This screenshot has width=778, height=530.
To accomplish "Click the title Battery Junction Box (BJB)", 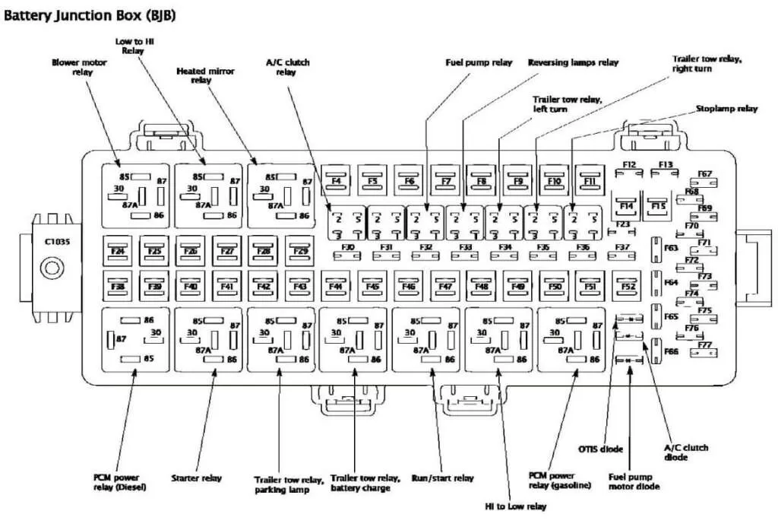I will (90, 15).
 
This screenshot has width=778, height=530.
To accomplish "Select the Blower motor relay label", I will (80, 67).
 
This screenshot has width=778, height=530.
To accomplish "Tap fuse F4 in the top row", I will (336, 181).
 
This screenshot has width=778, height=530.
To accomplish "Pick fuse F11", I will (590, 181).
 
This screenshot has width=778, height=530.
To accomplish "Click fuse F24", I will (118, 249).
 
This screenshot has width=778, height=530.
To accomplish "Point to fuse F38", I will (118, 286).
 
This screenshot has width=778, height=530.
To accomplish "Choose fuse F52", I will (628, 286).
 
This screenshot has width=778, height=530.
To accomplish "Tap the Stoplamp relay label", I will (727, 109).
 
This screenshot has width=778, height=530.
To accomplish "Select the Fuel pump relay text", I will (479, 62).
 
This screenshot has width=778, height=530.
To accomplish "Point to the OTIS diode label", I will (601, 449).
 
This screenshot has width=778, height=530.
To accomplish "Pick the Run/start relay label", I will (443, 478).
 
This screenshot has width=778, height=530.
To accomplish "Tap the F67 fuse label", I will (704, 174).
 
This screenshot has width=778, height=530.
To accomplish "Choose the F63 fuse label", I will (671, 248).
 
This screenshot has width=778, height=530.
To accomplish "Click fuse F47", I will (444, 286).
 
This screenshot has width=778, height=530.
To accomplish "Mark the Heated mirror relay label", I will (205, 75).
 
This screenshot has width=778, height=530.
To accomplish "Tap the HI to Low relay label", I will (516, 505).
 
